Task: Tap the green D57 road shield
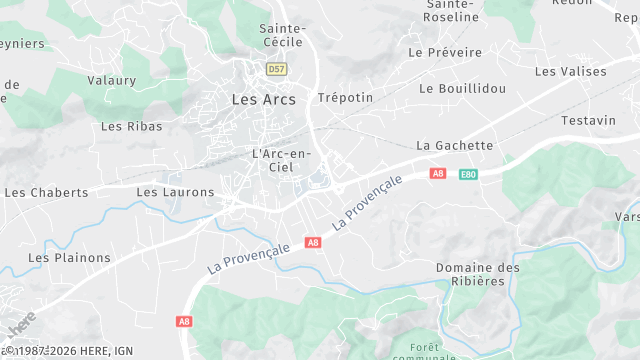point(277,69)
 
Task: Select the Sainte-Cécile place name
point(282,36)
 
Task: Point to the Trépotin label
point(344,98)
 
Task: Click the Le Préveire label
point(445,52)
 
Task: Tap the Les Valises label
point(570,71)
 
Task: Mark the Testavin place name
point(588,120)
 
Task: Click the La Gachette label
point(455,145)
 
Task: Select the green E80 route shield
point(467,174)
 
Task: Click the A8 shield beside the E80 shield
point(437,173)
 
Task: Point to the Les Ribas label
point(125,126)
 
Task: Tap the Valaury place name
point(111,80)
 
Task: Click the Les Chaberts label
point(46,192)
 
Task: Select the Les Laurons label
point(175,192)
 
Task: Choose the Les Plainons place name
point(69,257)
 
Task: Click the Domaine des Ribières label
point(478,274)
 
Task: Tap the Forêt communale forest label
point(425,352)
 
